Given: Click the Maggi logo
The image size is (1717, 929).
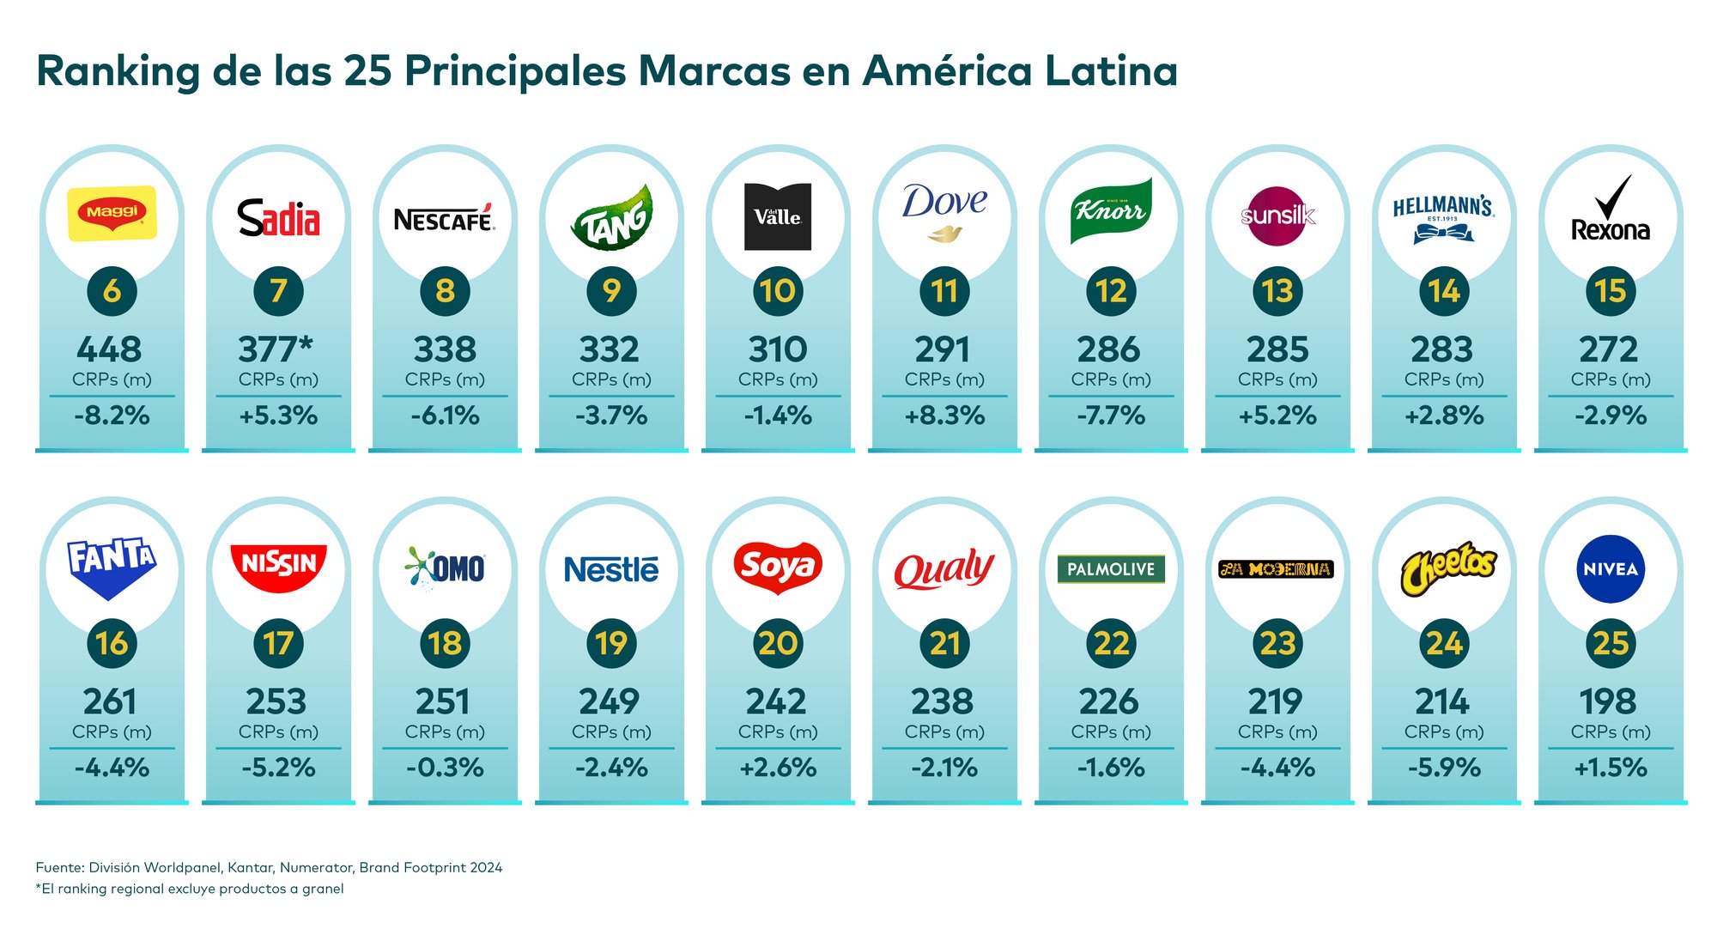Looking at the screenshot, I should (x=112, y=213).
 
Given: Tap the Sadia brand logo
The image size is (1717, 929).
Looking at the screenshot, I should (x=278, y=218).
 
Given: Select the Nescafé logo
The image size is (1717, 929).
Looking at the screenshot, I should (x=445, y=219).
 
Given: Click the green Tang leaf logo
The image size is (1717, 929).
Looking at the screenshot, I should (x=611, y=218).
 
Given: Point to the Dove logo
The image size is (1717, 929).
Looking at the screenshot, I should (x=944, y=211).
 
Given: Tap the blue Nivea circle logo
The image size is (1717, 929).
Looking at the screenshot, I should (x=1611, y=569).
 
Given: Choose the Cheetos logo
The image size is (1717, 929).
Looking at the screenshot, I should (x=1448, y=567).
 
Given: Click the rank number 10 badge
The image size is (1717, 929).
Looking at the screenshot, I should (x=778, y=291).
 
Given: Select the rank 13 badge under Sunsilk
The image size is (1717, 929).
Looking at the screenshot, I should (x=1277, y=291).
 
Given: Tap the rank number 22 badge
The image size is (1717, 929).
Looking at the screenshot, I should (x=1111, y=643).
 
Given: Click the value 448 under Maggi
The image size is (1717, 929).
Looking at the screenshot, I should (x=109, y=349).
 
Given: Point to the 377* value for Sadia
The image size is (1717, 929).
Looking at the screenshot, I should (x=276, y=349).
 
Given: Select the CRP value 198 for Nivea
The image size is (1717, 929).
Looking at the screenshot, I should (x=1608, y=701).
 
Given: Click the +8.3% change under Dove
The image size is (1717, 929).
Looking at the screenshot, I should (x=944, y=416).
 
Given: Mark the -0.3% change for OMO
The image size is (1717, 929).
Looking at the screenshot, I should (x=445, y=768).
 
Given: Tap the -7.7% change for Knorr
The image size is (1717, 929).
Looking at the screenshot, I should (x=1111, y=416).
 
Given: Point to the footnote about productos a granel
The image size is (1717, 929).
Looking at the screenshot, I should (x=190, y=889).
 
